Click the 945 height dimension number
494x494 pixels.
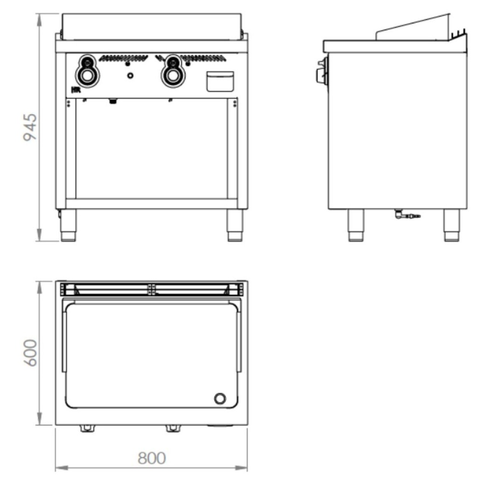(x=30, y=127)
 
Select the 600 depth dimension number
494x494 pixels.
(x=30, y=353)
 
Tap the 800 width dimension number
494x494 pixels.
(x=151, y=458)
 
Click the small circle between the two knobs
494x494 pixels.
(x=130, y=75)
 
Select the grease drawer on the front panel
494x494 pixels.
(x=220, y=82)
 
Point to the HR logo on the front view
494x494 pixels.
(x=75, y=90)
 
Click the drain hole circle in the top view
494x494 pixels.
(x=220, y=398)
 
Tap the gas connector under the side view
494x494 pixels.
(x=407, y=215)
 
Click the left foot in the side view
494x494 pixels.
(x=356, y=225)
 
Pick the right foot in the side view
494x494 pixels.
(x=452, y=225)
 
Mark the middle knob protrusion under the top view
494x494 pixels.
(x=172, y=428)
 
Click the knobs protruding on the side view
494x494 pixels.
(x=320, y=70)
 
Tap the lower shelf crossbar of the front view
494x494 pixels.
(x=151, y=204)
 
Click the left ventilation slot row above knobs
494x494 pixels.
(x=123, y=58)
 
